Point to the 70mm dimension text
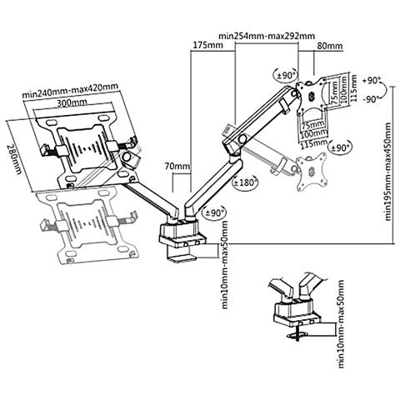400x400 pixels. (x=175, y=167)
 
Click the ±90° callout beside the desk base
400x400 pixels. (x=213, y=212)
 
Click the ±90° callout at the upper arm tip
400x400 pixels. (x=291, y=76)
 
